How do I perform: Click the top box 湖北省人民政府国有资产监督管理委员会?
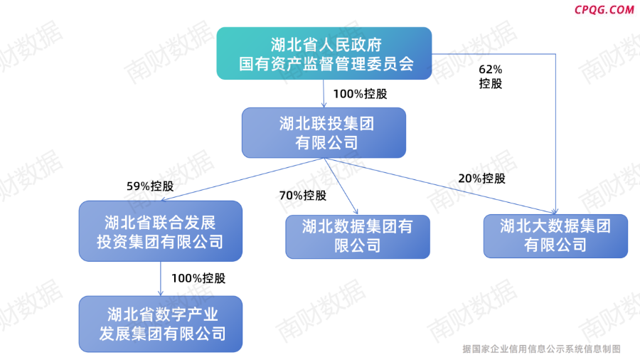click(x=324, y=53)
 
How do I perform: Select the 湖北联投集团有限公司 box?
click(x=324, y=132)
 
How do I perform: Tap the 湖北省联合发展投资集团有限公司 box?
click(x=161, y=231)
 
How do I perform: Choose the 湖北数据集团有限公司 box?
click(x=358, y=237)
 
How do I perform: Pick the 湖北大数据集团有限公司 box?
click(x=555, y=236)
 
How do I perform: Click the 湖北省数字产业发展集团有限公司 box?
click(x=161, y=324)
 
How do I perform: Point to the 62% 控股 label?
click(x=490, y=76)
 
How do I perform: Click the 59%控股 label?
click(x=150, y=186)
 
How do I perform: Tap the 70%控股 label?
click(x=303, y=196)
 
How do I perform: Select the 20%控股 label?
click(x=481, y=179)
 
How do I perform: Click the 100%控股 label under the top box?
click(x=360, y=94)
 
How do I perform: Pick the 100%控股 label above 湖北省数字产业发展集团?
click(x=198, y=278)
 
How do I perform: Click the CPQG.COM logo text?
click(x=604, y=10)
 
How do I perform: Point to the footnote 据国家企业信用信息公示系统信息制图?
click(x=542, y=349)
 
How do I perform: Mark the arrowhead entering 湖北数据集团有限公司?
click(x=356, y=211)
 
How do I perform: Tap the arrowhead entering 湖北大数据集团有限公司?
click(x=555, y=211)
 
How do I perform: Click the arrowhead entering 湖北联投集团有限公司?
click(x=324, y=105)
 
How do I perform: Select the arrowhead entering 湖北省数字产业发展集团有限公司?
click(x=161, y=293)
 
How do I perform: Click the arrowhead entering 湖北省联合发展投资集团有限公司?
click(x=164, y=200)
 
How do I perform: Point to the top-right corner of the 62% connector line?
click(x=555, y=54)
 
